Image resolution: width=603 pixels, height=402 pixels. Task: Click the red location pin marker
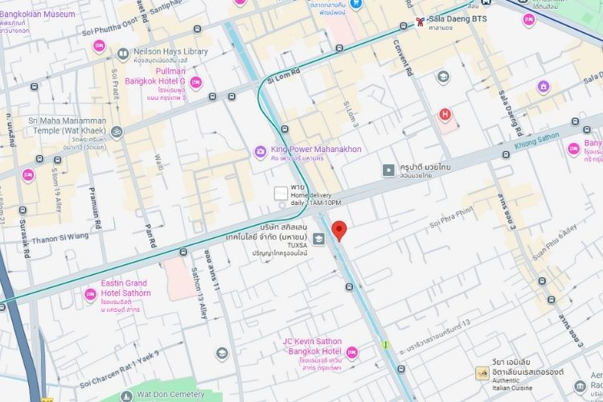click(x=339, y=230)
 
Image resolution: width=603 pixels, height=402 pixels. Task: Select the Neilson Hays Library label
click(x=169, y=52)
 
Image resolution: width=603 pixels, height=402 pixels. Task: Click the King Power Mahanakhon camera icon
click(x=260, y=150)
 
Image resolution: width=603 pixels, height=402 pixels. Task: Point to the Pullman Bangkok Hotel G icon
click(x=195, y=82)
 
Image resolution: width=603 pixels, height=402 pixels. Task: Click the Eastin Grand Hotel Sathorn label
click(x=124, y=289)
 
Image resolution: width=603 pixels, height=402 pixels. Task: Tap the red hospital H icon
click(x=444, y=114)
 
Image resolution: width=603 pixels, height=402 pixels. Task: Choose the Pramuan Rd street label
click(x=96, y=215)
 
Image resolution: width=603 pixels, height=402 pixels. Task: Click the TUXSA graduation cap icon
click(x=319, y=239)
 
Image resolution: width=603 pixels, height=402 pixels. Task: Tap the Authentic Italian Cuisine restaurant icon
click(x=482, y=373)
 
